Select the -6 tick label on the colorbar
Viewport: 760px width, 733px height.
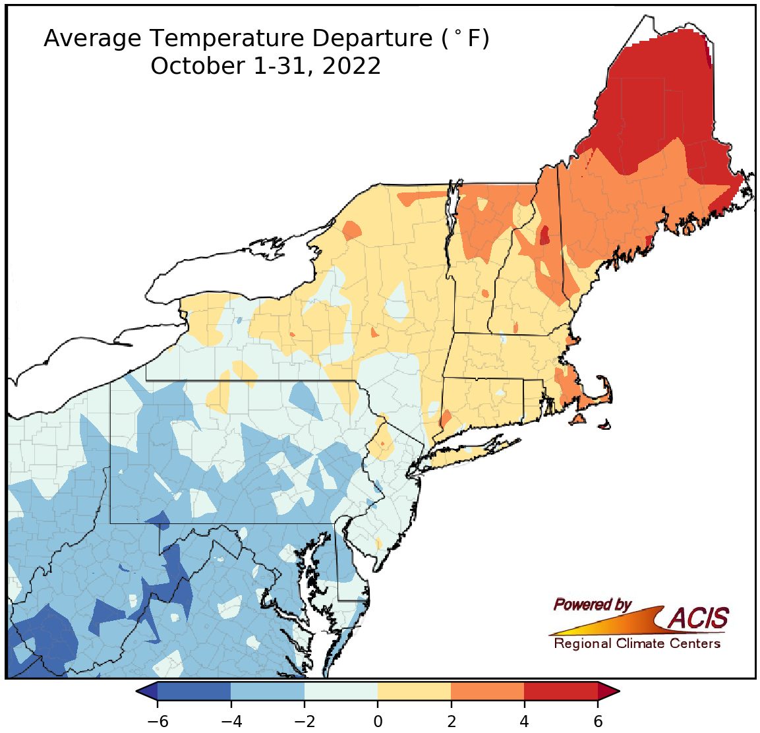[158, 721]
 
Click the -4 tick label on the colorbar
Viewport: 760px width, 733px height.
[231, 721]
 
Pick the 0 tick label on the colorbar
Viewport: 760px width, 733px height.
[378, 721]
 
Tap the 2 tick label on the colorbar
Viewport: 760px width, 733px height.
[451, 721]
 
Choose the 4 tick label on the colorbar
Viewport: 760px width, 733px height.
[524, 721]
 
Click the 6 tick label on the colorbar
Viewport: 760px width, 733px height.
[598, 721]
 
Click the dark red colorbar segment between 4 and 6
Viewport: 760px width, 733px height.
[561, 691]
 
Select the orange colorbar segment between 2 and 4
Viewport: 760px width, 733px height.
[488, 691]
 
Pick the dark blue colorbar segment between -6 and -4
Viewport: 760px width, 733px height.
[194, 691]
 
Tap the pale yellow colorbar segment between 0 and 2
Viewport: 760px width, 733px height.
[414, 691]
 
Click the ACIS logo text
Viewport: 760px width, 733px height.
[699, 618]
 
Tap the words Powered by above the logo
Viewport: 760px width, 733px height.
[592, 604]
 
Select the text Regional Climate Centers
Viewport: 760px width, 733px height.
[637, 644]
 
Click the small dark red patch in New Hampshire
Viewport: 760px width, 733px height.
[544, 235]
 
